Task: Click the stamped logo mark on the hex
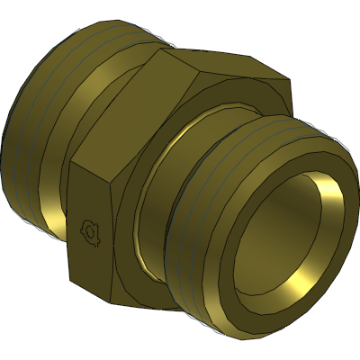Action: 91,232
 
